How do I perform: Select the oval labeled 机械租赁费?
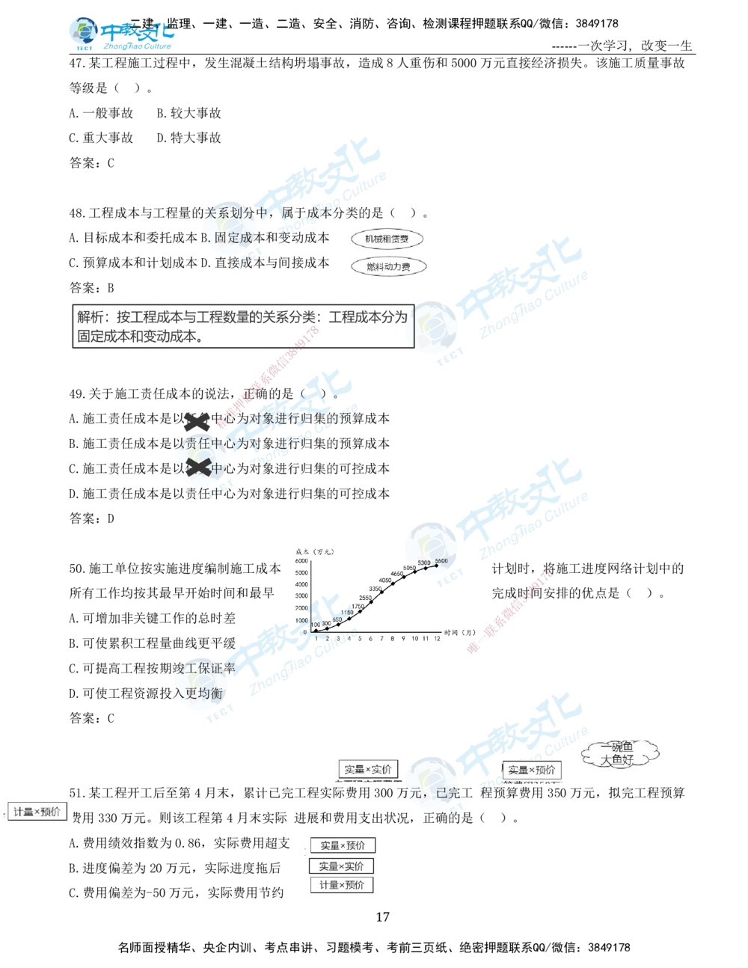click(x=387, y=239)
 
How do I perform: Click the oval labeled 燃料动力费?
click(x=387, y=267)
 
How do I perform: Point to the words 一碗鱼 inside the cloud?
click(x=617, y=747)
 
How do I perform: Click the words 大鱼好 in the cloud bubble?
click(x=617, y=760)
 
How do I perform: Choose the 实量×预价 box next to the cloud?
click(x=531, y=770)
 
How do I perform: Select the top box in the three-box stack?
click(x=342, y=845)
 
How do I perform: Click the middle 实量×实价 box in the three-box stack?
click(x=341, y=866)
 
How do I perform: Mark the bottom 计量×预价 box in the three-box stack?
click(x=341, y=885)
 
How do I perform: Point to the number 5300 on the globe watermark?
click(x=424, y=563)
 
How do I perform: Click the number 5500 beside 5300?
click(x=441, y=560)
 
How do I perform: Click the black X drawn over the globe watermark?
click(x=197, y=465)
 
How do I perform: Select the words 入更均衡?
click(x=199, y=693)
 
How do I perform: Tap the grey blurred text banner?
click(x=239, y=325)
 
